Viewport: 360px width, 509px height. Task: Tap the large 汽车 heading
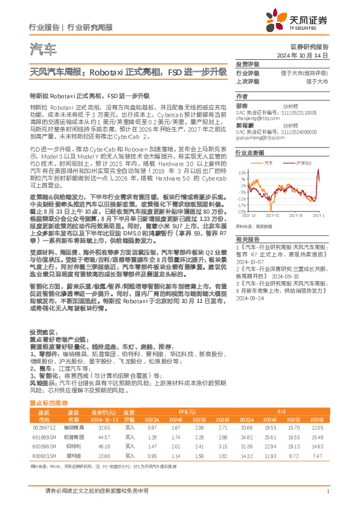coord(43,50)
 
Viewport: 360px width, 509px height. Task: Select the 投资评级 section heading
coord(247,63)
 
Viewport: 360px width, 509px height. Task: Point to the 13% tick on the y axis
coord(241,172)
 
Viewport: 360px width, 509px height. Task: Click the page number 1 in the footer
coord(327,492)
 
